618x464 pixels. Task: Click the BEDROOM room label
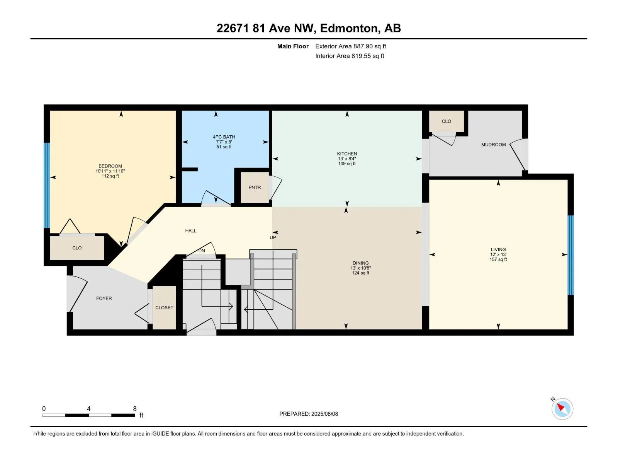pos(110,166)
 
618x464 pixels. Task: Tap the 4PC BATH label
pos(224,137)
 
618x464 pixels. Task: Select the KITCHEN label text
pos(347,154)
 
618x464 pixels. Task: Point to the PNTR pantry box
pos(255,188)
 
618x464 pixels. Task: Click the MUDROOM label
pos(493,145)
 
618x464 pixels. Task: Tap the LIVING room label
pos(498,250)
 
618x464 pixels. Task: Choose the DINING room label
pos(360,263)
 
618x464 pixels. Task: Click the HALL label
pos(191,231)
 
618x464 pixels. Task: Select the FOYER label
pos(104,299)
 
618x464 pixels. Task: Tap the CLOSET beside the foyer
pos(164,308)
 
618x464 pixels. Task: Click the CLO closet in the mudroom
pos(447,121)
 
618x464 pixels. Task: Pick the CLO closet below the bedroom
pos(77,248)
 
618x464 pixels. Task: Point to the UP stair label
pos(273,237)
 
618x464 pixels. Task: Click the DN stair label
pos(202,251)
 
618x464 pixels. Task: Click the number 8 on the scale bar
pos(134,409)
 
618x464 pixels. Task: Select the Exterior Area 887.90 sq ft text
pos(350,46)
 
